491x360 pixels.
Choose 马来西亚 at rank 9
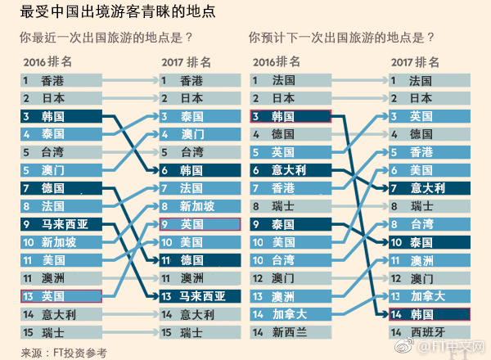pos(61,224)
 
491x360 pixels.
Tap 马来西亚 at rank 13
pos(200,296)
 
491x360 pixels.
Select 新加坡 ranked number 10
pos(61,242)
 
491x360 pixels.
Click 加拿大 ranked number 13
pos(430,296)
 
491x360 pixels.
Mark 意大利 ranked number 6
pos(290,170)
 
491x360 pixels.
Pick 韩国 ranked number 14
pos(430,314)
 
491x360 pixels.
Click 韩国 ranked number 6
pos(200,170)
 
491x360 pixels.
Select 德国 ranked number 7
pos(61,188)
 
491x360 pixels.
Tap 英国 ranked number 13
pos(61,296)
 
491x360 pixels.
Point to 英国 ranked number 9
pos(200,224)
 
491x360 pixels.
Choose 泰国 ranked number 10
pos(430,242)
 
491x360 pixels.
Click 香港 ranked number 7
pos(290,188)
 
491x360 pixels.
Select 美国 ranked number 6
pos(430,170)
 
